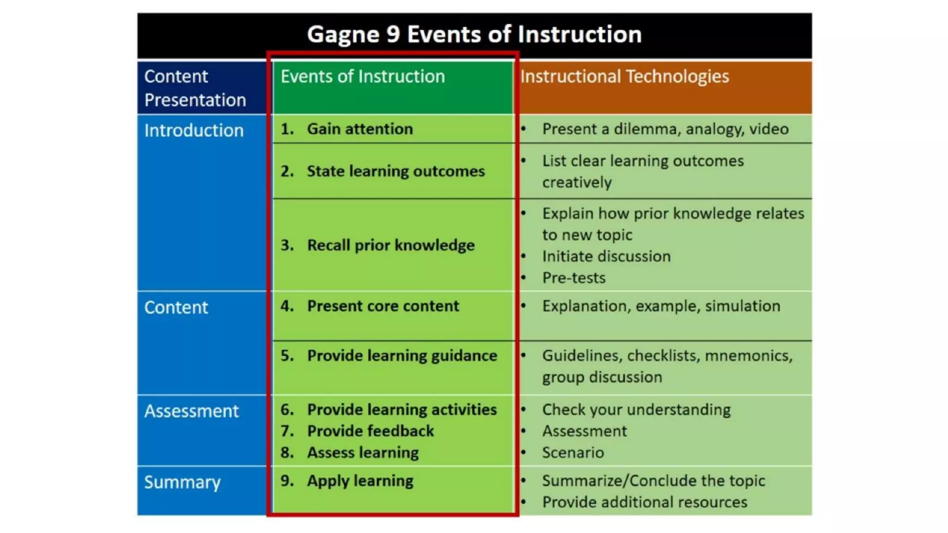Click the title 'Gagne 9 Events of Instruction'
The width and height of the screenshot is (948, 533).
(474, 35)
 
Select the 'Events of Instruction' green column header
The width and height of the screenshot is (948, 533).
(362, 76)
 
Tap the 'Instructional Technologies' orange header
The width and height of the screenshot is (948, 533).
(624, 76)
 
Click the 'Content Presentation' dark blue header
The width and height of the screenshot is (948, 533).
(195, 88)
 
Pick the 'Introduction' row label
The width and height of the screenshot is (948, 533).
(193, 130)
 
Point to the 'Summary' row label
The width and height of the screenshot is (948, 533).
(182, 482)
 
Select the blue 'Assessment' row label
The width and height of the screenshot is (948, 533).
(191, 411)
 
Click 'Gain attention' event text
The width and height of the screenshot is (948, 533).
(360, 129)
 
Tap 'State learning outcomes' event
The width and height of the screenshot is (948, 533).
(395, 171)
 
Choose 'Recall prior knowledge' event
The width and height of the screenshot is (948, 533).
(391, 245)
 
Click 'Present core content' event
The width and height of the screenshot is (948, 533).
(383, 306)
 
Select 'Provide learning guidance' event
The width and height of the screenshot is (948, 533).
(402, 355)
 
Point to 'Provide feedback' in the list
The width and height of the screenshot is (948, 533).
(370, 431)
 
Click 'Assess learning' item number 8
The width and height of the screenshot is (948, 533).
(362, 452)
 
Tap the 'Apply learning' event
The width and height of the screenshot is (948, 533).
(360, 481)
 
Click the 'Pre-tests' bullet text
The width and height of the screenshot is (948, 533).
(574, 278)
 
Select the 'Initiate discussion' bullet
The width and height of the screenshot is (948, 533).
(606, 256)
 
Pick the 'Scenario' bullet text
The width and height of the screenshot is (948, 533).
(573, 452)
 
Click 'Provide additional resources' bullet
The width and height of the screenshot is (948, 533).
(644, 502)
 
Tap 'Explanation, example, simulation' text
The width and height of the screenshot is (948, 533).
(661, 306)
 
